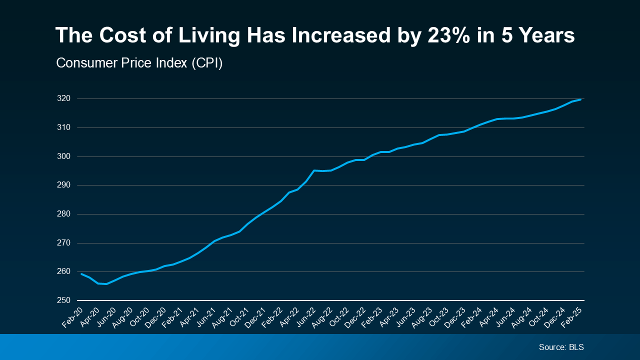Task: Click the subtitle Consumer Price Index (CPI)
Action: [x=139, y=63]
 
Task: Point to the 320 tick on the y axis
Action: [x=64, y=98]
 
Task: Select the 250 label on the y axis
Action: [x=64, y=300]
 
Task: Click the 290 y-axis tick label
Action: [x=64, y=185]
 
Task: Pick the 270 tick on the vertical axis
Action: [x=64, y=243]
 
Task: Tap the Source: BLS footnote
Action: [x=561, y=347]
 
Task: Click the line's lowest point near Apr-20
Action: [x=106, y=284]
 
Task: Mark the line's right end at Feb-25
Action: [x=580, y=99]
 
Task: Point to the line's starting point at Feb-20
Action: [x=81, y=273]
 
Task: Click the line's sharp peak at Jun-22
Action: [x=314, y=170]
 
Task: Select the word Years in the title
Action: [x=547, y=36]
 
